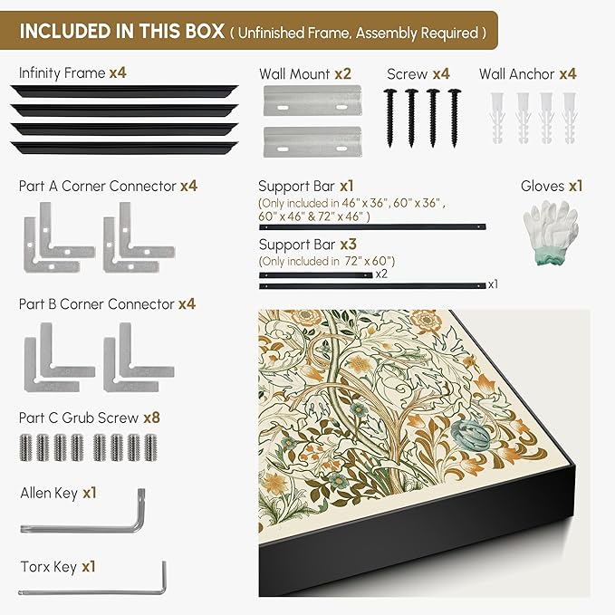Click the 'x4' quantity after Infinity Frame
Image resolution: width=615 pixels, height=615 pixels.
click(x=118, y=72)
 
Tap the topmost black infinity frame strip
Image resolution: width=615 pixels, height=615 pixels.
click(x=124, y=91)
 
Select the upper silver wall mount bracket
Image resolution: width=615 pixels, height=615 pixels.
click(x=312, y=101)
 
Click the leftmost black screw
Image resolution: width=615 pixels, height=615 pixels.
click(x=389, y=118)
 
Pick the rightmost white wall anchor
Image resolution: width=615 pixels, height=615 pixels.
click(x=569, y=118)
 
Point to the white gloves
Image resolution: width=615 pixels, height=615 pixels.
click(x=551, y=232)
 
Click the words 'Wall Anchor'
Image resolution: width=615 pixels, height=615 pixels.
click(x=516, y=73)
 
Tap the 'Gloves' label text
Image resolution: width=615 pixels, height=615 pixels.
click(x=543, y=186)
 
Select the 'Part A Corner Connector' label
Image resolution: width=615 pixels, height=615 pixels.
click(x=98, y=186)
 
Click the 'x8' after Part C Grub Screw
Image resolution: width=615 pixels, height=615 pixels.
click(x=152, y=418)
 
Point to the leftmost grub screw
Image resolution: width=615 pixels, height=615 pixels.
click(x=25, y=447)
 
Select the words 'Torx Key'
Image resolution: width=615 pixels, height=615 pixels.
click(x=49, y=567)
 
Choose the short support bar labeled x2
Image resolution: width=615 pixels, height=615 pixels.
click(x=316, y=275)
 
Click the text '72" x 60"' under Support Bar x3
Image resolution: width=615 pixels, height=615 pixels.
click(x=369, y=261)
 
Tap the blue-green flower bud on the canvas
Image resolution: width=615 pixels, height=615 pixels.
click(x=471, y=435)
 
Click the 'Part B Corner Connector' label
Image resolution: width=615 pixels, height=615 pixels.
click(x=97, y=304)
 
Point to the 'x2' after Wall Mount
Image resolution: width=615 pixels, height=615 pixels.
click(x=342, y=73)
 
